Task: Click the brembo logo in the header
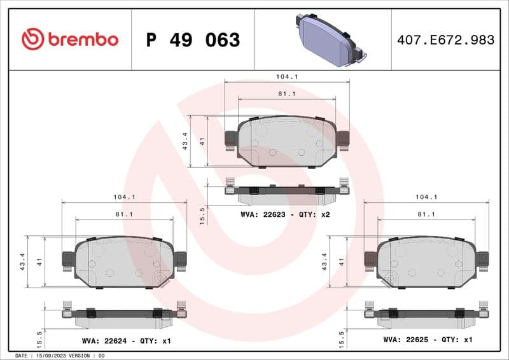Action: (x=70, y=39)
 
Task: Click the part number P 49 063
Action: (x=193, y=40)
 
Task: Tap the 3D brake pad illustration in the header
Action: (x=327, y=39)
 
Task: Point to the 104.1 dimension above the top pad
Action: (x=287, y=76)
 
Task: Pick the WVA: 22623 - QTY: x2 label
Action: (x=285, y=214)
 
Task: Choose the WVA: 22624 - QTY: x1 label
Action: (x=125, y=341)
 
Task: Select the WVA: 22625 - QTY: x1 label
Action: (x=428, y=340)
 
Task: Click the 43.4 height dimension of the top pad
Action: (x=185, y=141)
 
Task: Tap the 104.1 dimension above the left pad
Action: (x=124, y=197)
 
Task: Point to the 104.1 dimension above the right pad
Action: (x=426, y=197)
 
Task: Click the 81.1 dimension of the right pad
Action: (x=426, y=214)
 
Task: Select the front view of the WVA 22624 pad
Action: (x=124, y=261)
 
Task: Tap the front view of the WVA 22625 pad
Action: (x=426, y=261)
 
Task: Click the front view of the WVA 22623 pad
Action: (x=286, y=141)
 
